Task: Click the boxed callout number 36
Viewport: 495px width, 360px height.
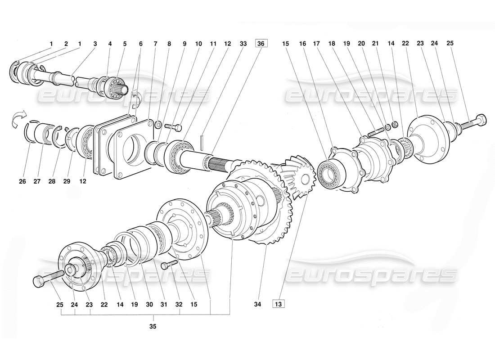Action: (261, 44)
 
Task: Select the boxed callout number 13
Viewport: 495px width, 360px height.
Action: (278, 304)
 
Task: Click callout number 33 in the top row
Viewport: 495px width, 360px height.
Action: (243, 44)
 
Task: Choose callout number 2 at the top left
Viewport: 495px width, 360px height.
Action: (66, 44)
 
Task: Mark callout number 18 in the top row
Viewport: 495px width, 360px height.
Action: (332, 44)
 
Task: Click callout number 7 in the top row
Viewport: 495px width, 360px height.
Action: (155, 44)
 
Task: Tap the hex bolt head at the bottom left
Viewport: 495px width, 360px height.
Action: (39, 282)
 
